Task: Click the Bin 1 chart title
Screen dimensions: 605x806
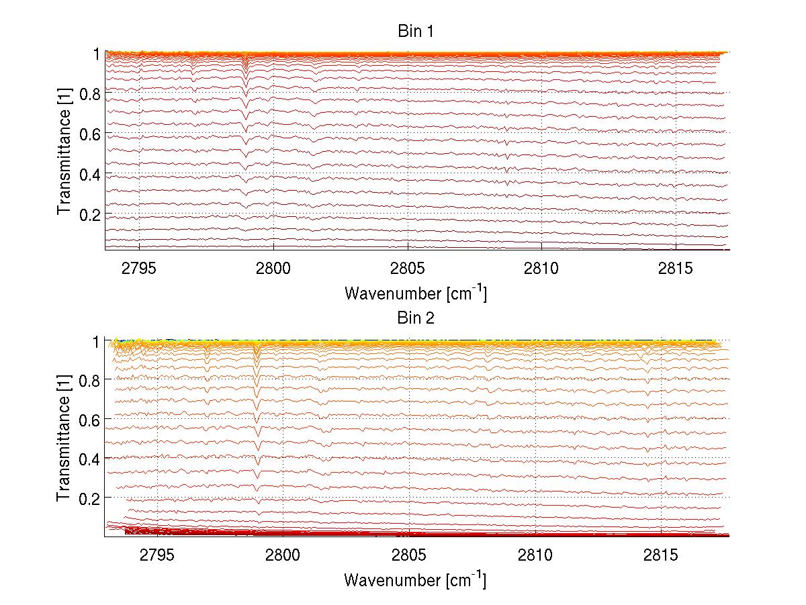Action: [x=416, y=32]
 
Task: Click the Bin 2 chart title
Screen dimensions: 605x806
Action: [x=416, y=318]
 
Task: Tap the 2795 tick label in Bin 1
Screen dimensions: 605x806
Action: [x=139, y=269]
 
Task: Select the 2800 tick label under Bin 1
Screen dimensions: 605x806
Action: [x=273, y=269]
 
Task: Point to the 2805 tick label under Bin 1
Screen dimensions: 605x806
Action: [x=408, y=269]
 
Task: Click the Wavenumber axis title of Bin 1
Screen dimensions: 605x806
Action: [x=415, y=293]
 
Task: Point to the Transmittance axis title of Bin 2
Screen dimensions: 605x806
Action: [x=64, y=438]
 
